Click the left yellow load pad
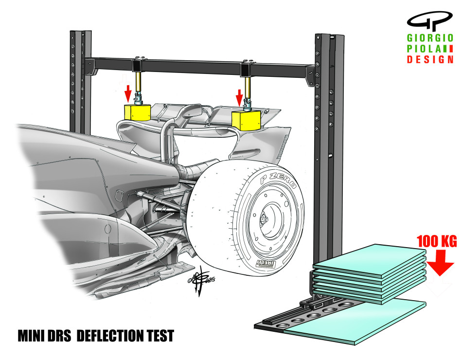point(137,112)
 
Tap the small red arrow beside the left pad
point(127,93)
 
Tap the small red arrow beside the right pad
point(239,98)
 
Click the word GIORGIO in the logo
point(430,38)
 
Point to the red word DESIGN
point(430,59)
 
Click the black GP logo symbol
point(430,21)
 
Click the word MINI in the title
point(30,336)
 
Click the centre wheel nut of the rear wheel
point(264,220)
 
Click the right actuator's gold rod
point(248,88)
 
